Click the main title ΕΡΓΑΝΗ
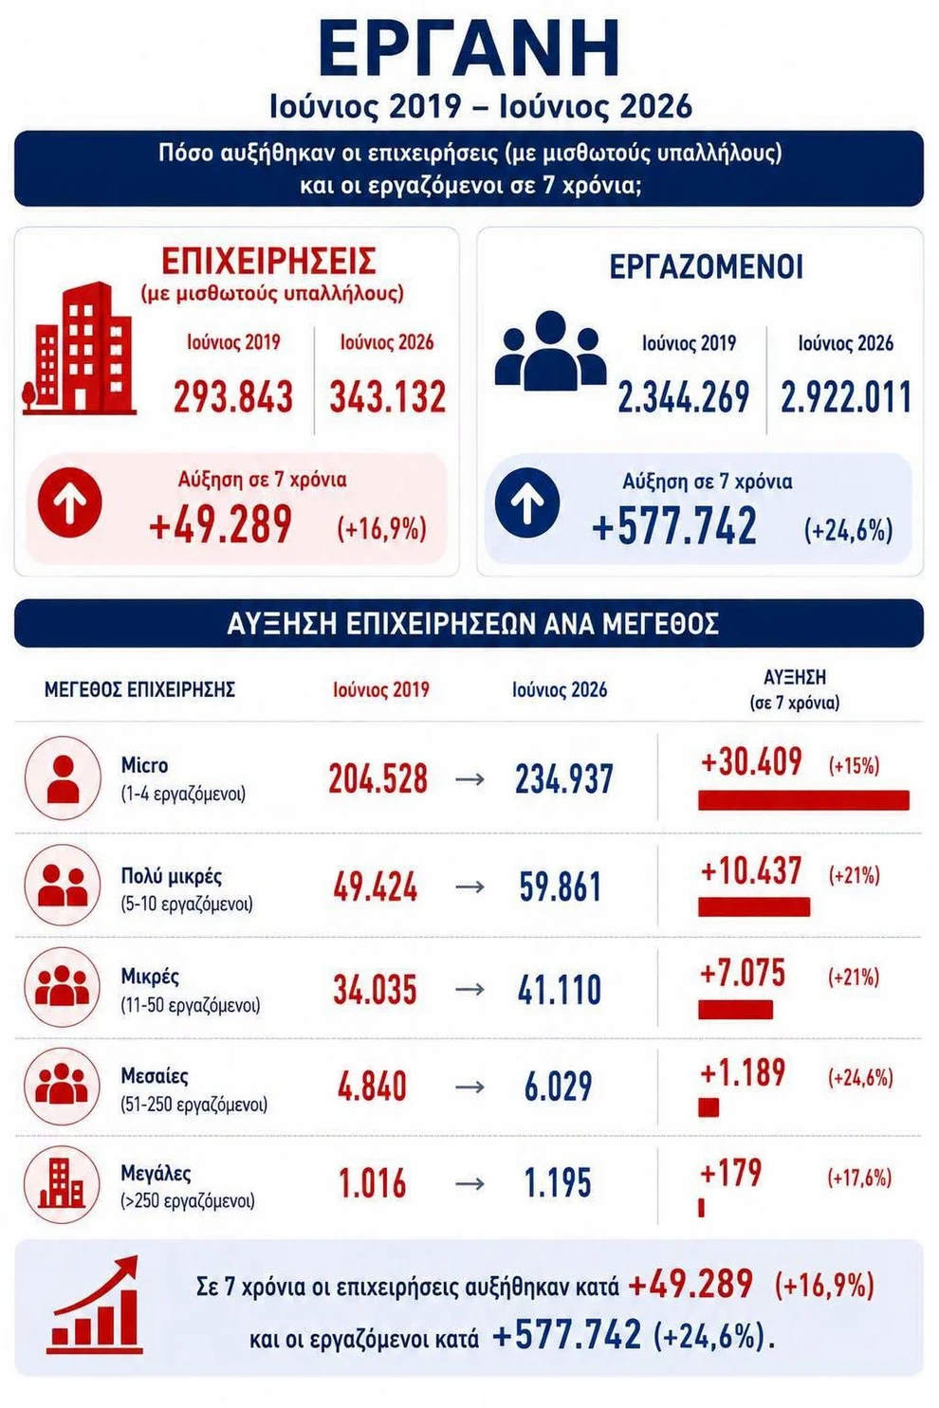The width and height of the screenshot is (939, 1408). (469, 49)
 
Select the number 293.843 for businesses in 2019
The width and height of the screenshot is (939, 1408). (233, 396)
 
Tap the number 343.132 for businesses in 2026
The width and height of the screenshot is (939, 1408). (388, 396)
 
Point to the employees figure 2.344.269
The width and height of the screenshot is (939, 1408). (684, 397)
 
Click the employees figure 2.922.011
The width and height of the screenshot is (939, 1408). (846, 397)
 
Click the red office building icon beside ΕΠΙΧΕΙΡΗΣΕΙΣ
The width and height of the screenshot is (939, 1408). (80, 349)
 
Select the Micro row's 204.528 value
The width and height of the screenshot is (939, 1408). (378, 778)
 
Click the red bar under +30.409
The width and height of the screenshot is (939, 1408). (803, 800)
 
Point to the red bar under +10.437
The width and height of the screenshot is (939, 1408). (754, 906)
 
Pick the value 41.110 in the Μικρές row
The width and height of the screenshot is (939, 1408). (560, 989)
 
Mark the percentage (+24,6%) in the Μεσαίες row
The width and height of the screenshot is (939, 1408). (860, 1077)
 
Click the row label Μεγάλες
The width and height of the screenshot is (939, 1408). (156, 1174)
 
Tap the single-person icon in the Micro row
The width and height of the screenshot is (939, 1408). (63, 778)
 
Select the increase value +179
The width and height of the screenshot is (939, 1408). (731, 1172)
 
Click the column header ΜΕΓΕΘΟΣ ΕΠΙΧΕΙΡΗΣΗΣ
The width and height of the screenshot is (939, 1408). (139, 689)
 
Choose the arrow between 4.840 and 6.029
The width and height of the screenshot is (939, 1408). (469, 1087)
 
